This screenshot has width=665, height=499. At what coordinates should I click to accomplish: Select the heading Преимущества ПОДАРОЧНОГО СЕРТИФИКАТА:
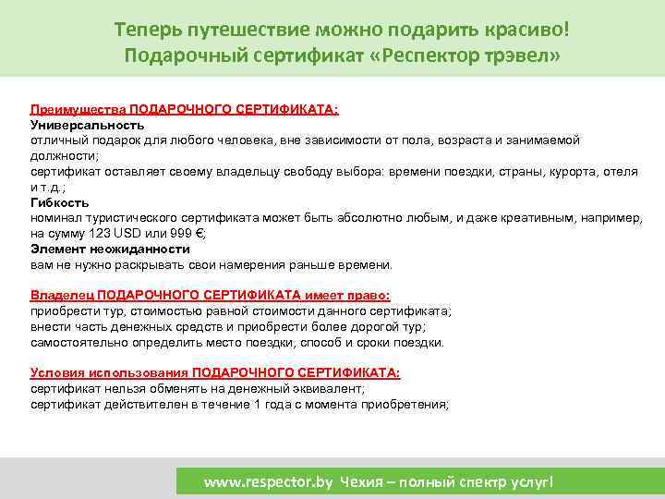pyautogui.click(x=185, y=109)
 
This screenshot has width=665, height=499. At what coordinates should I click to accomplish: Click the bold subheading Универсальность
pyautogui.click(x=88, y=124)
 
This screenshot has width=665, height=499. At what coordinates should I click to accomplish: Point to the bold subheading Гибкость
pyautogui.click(x=60, y=202)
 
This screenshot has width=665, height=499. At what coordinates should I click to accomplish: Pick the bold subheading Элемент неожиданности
pyautogui.click(x=110, y=249)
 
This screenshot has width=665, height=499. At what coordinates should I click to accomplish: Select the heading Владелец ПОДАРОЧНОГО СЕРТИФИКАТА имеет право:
pyautogui.click(x=211, y=296)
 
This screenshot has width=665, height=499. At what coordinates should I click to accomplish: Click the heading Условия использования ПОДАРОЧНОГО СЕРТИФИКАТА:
pyautogui.click(x=215, y=373)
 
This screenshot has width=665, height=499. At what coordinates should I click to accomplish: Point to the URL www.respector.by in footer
pyautogui.click(x=268, y=482)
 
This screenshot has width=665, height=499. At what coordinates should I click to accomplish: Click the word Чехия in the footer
pyautogui.click(x=361, y=482)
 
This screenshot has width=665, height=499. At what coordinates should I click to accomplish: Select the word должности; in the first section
pyautogui.click(x=64, y=155)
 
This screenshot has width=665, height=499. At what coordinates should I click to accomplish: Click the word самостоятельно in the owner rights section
pyautogui.click(x=78, y=342)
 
